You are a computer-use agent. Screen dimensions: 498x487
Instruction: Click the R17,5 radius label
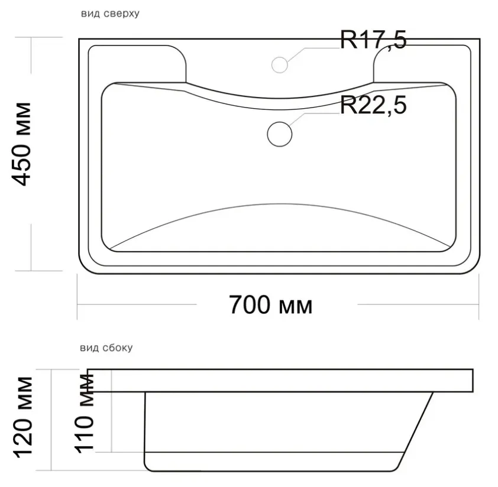373,40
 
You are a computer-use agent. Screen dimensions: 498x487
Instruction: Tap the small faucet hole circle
280,65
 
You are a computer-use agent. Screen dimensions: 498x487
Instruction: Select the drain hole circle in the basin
280,134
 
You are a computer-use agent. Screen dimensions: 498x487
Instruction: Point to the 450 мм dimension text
22,144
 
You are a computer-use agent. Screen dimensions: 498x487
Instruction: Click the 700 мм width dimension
271,305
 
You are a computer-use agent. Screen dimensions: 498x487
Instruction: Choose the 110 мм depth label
85,413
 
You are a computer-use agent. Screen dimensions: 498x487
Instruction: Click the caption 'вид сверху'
110,14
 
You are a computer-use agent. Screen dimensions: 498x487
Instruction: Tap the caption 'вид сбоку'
106,348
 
